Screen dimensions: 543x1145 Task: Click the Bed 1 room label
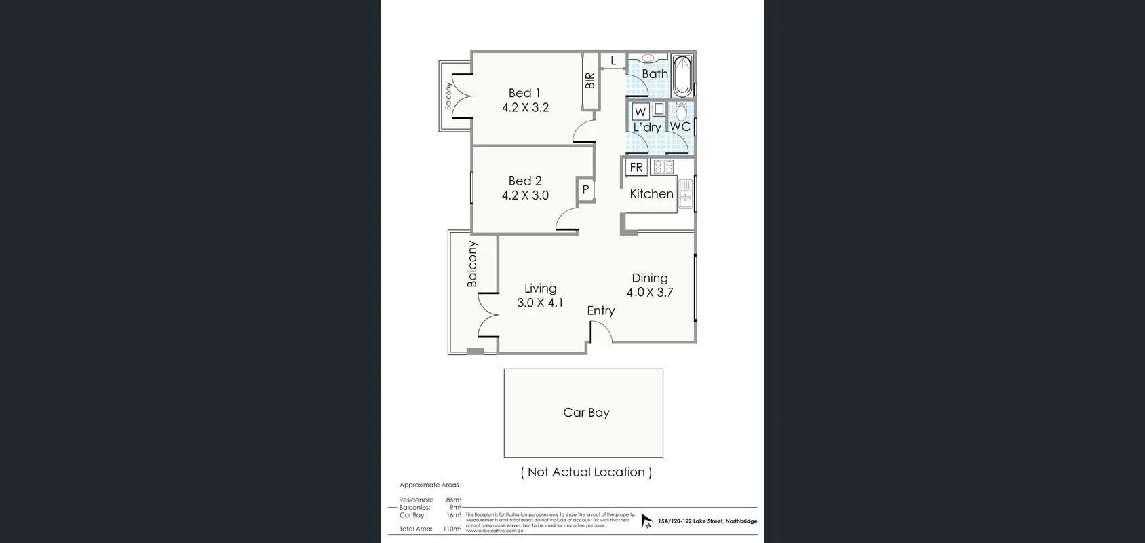point(524,93)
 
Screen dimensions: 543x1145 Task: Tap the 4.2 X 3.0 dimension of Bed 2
point(525,195)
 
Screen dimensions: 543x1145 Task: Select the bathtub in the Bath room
point(682,76)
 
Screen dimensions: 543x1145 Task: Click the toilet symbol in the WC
point(682,111)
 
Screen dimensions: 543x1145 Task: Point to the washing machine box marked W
point(640,111)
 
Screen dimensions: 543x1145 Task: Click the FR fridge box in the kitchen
point(636,167)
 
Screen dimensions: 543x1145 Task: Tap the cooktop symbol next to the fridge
point(663,166)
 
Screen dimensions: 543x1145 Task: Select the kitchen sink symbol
point(685,193)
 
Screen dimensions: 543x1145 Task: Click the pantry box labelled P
point(585,190)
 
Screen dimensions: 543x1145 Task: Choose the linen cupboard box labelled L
point(613,61)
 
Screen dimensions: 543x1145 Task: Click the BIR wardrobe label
point(590,81)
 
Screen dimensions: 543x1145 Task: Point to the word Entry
point(600,310)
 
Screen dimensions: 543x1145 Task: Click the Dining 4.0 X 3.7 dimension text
point(649,293)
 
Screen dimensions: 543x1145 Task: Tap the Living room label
point(540,288)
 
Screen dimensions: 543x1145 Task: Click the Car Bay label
point(586,413)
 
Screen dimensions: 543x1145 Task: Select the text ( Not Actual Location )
point(586,472)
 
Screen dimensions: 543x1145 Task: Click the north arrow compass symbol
point(646,521)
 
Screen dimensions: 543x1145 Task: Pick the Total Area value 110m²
point(452,529)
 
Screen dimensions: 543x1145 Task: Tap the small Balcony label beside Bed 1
point(448,96)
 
